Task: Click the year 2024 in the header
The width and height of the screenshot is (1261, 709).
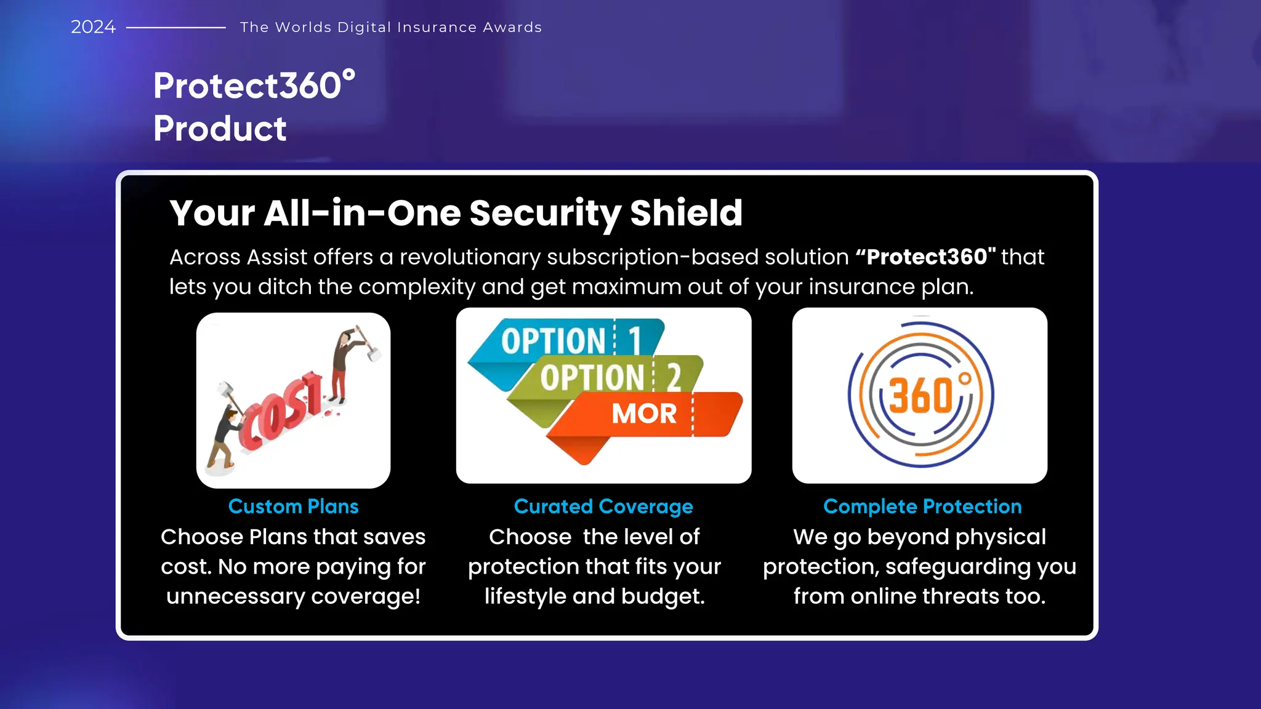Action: pos(93,27)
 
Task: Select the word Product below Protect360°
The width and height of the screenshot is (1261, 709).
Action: pos(220,129)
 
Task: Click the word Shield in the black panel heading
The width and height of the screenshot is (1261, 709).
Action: pos(686,213)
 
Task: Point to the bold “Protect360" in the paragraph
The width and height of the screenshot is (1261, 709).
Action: pos(925,257)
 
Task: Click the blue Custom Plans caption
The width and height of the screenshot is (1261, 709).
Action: pos(293,507)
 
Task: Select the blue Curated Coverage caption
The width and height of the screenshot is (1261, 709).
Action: pos(603,507)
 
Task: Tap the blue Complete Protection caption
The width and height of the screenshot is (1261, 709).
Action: pos(922,507)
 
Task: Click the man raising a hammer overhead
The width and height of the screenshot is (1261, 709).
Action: pos(345,363)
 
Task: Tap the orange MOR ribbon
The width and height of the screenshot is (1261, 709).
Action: pos(644,414)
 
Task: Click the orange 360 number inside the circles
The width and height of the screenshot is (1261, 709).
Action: pos(921,395)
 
